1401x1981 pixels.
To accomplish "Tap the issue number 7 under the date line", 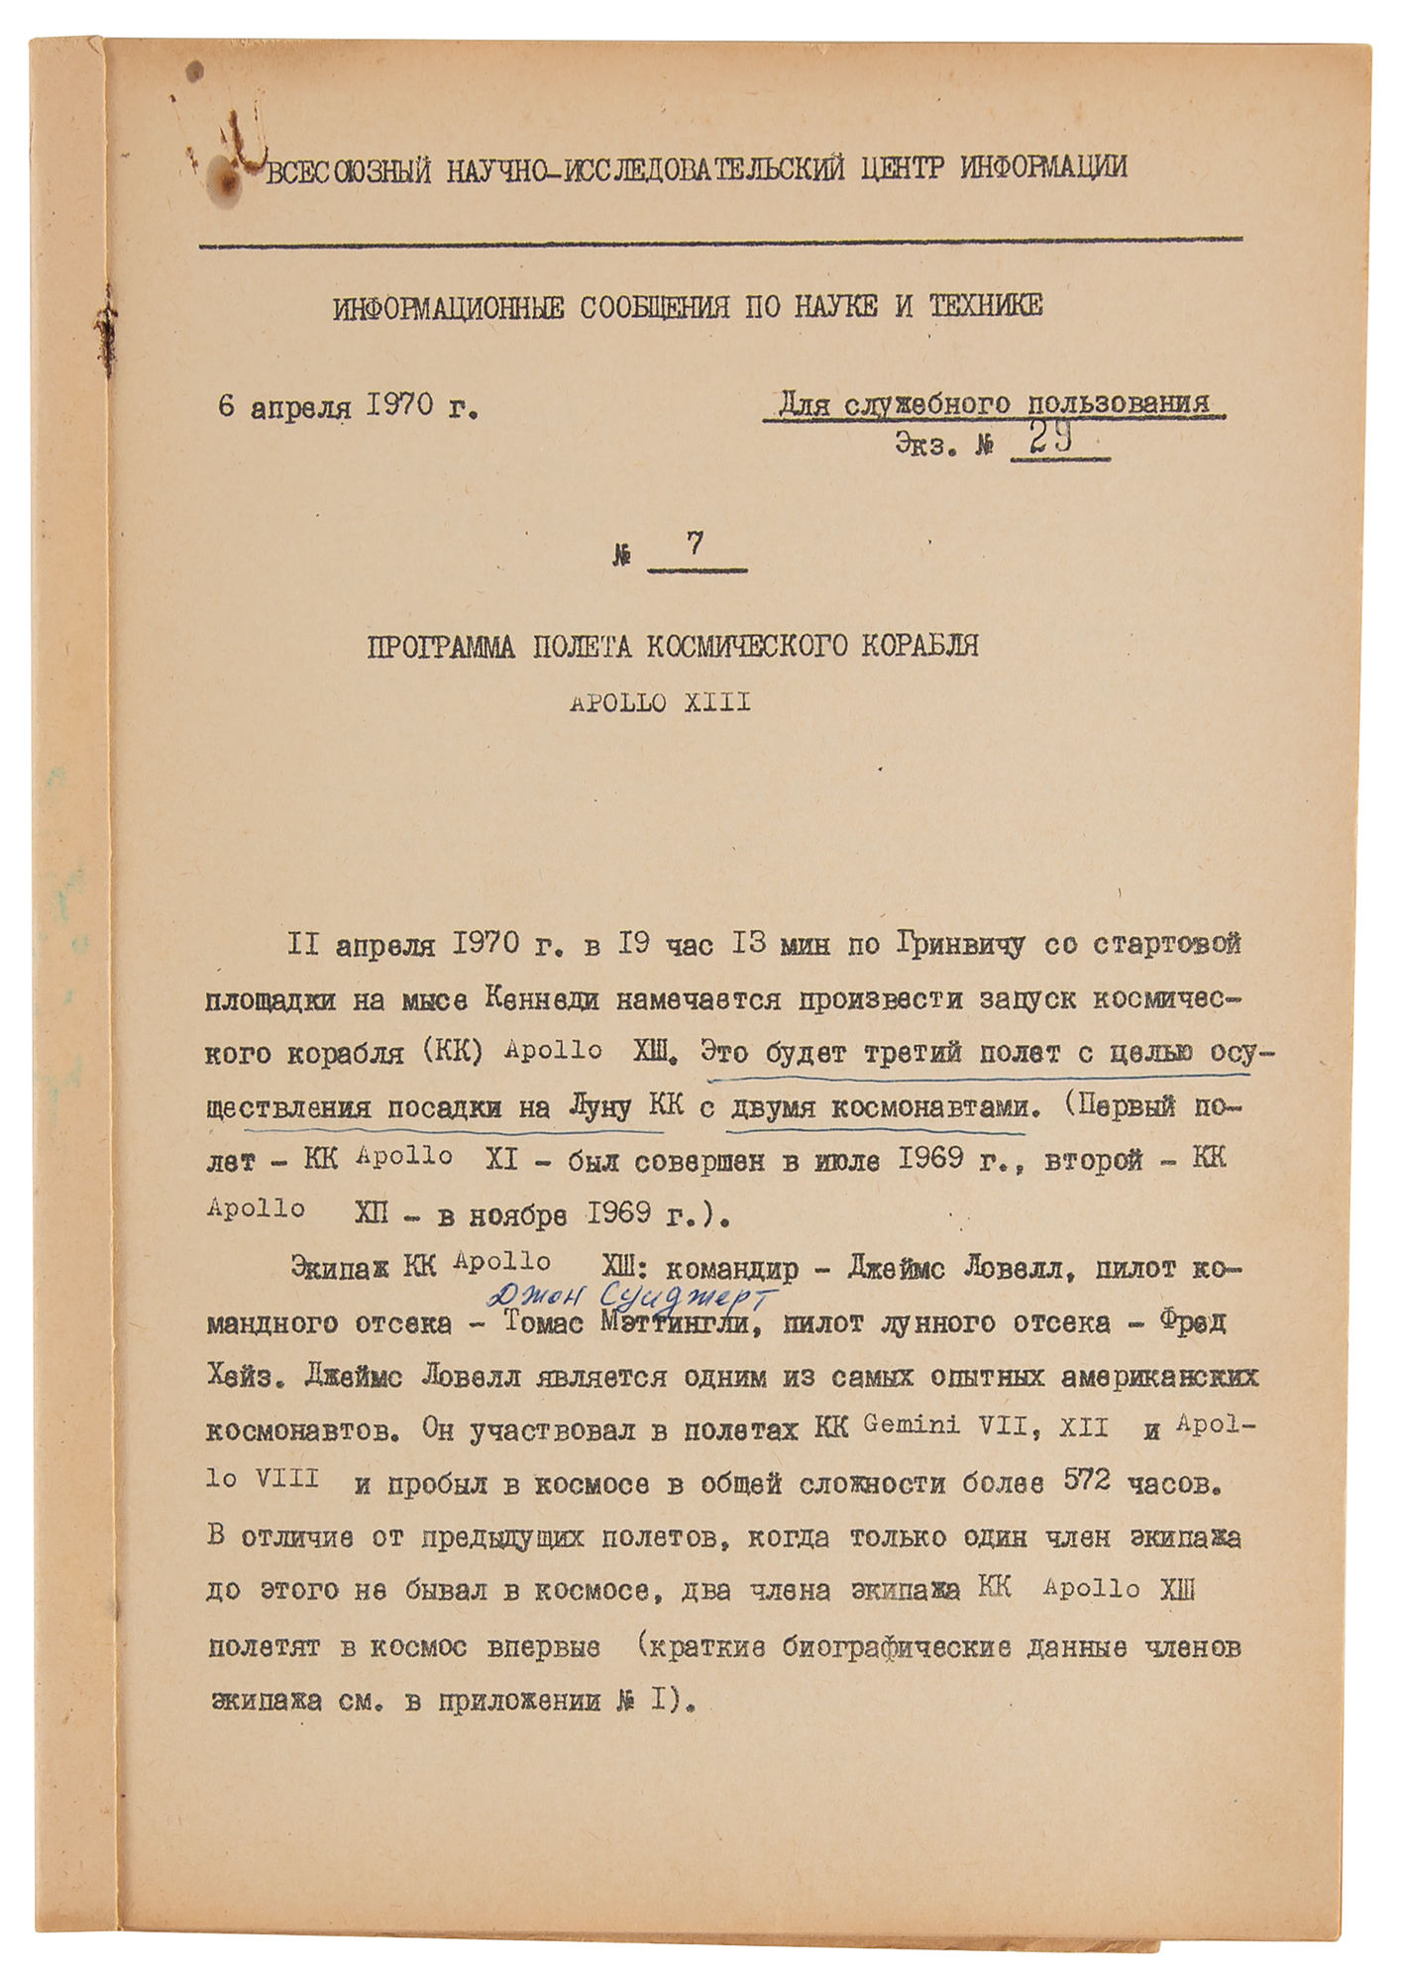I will pos(695,544).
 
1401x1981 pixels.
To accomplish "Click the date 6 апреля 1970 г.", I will pos(348,407).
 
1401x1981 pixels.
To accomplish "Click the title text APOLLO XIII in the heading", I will pos(660,703).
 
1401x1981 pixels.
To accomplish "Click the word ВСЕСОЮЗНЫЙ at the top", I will pos(350,170).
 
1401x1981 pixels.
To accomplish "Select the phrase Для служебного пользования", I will pos(994,404).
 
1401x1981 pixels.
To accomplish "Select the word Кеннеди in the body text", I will pos(542,999).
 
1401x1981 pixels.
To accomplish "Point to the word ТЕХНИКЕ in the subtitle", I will pos(985,306).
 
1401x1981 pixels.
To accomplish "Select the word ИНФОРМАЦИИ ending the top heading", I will pos(1043,166).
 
